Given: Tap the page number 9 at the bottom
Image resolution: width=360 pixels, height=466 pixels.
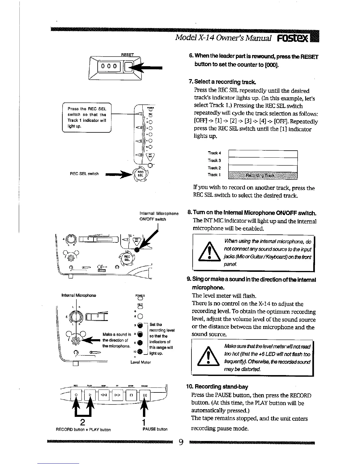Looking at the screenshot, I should coord(181,442).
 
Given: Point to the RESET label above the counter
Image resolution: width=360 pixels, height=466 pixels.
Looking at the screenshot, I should coord(127,55).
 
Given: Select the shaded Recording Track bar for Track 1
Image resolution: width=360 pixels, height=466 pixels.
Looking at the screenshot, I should coord(263,176).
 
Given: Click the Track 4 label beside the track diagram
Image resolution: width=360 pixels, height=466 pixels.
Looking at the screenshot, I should coord(214,153).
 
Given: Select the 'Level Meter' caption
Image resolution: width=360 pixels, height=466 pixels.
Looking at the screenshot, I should coord(141,362).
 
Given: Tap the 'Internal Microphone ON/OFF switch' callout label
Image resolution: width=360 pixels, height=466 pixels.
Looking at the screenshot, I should coord(159,216).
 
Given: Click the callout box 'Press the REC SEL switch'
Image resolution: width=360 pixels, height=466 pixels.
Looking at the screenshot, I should coord(87,117).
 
